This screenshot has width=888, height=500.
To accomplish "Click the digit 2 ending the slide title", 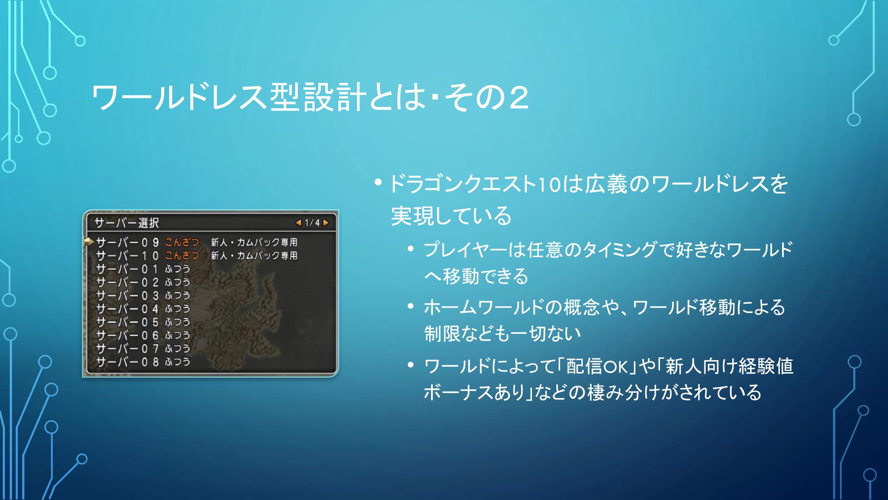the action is click(x=519, y=98).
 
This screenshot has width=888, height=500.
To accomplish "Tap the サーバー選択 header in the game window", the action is click(x=127, y=223).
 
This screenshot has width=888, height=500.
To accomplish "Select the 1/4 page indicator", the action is click(x=312, y=223).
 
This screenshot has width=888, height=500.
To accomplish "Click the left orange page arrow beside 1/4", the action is click(x=298, y=223).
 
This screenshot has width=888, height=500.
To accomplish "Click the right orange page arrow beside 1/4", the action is click(x=326, y=223).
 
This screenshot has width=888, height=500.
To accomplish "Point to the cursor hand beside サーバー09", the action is click(x=88, y=241).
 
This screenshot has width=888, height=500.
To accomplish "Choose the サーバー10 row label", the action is click(x=127, y=256).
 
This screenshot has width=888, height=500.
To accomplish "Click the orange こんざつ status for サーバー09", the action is click(x=182, y=242).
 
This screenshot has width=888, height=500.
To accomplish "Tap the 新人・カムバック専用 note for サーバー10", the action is click(x=254, y=256).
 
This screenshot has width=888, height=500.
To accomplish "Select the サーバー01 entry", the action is click(x=127, y=269).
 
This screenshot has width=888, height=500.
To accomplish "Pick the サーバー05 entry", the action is click(x=127, y=322).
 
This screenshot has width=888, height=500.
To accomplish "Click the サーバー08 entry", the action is click(x=127, y=362).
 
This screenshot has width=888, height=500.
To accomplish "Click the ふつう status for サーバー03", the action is click(x=178, y=295).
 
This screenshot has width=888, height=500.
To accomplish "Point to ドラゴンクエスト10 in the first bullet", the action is click(x=475, y=184).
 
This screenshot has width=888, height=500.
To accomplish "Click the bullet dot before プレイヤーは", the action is click(x=410, y=249).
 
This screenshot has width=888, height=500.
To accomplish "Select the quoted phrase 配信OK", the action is click(x=597, y=366).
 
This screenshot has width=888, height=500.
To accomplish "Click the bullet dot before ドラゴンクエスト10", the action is click(x=378, y=182).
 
